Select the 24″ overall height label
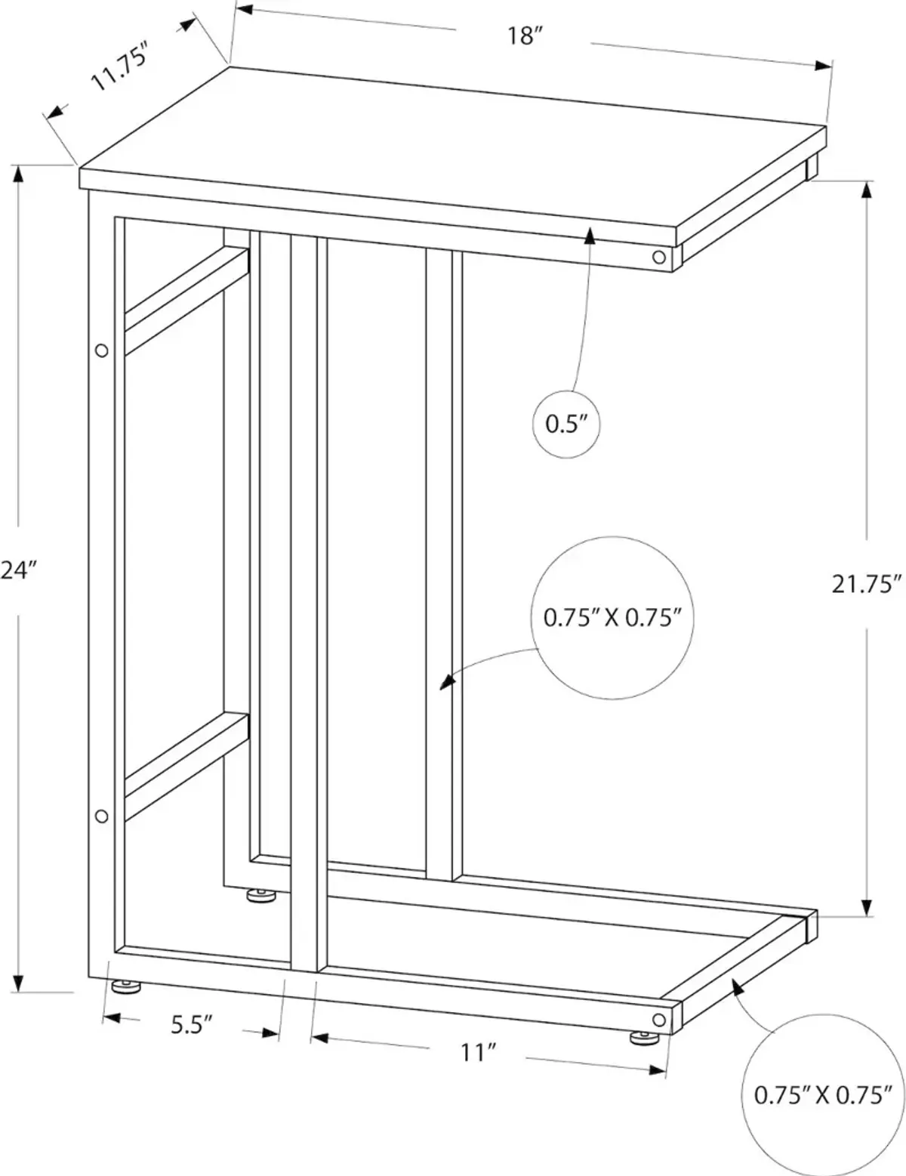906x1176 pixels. point(18,570)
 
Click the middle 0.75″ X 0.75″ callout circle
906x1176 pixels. point(612,618)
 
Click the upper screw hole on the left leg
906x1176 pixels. point(101,350)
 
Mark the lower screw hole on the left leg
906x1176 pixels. point(101,816)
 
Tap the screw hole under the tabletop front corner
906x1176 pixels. point(659,257)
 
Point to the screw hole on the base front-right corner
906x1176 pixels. point(659,1020)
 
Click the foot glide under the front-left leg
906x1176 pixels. point(125,984)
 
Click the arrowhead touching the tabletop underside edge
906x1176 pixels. point(590,236)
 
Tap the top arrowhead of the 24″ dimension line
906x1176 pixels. point(18,177)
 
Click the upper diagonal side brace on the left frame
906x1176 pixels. point(187,301)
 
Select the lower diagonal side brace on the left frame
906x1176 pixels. point(187,767)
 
